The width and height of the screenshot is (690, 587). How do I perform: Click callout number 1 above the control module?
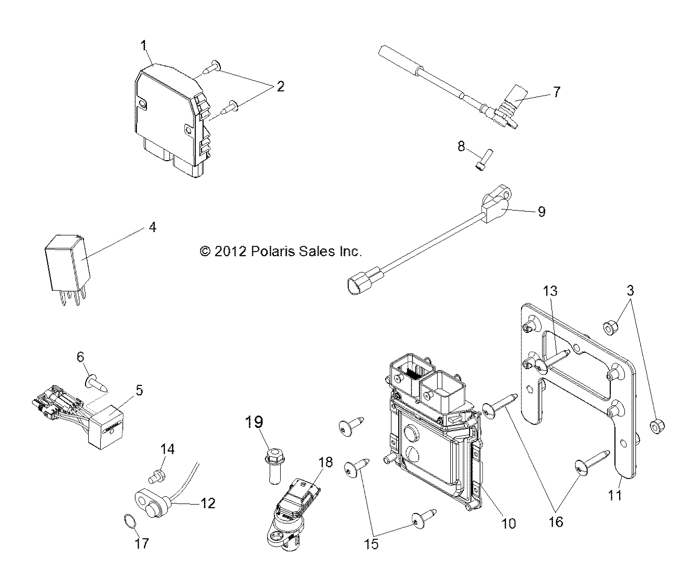pos(144,46)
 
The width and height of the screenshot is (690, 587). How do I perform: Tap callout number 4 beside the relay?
pos(153,227)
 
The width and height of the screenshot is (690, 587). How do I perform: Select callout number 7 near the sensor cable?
pos(557,92)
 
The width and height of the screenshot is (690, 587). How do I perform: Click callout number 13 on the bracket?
pos(550,291)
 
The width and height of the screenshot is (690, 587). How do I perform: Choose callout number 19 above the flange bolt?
pos(254,422)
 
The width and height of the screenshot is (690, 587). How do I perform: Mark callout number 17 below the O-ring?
pos(142,543)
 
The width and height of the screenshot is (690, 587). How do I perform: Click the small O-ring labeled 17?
pos(130,521)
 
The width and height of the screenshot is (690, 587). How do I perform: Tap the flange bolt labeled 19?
pos(274,466)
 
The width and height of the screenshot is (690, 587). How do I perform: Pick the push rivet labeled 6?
pos(97,384)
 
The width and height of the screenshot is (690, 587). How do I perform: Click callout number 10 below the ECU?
pos(509,523)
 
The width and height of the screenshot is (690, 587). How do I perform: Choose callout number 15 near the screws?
pos(371,544)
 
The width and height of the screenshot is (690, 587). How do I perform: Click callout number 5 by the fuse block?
pos(139,390)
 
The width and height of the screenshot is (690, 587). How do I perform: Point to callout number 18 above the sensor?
pos(326,463)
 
